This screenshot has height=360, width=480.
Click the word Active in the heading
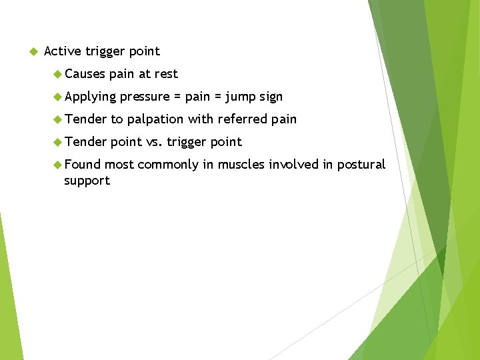coord(62,51)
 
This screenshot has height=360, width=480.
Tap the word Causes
coord(85,74)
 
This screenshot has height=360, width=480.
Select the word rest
coord(166,74)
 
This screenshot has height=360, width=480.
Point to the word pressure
coord(145,97)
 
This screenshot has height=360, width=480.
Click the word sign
coord(271,97)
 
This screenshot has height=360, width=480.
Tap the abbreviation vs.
coord(154,142)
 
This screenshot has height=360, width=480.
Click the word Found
coord(83,165)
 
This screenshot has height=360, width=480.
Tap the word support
coord(87,181)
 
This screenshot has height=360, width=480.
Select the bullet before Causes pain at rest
coord(57,74)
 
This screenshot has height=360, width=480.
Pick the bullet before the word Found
coord(57,165)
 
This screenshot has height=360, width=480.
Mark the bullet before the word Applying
coord(57,97)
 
